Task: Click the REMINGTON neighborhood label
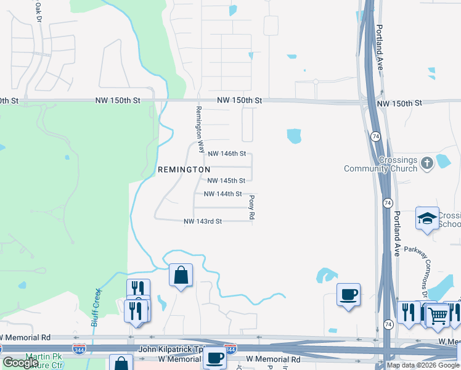point(184,169)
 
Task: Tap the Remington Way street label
point(199,129)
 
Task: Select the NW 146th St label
point(227,154)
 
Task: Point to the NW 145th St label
point(226,181)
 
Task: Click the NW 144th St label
point(222,194)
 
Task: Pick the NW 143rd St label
point(203,221)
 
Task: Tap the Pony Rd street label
point(251,207)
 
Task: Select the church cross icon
point(427,164)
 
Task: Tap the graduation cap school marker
point(427,218)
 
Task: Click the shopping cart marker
point(438,316)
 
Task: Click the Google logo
point(20,363)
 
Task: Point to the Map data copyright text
point(423,365)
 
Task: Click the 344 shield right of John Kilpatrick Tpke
point(230,349)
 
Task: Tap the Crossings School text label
point(449,220)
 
